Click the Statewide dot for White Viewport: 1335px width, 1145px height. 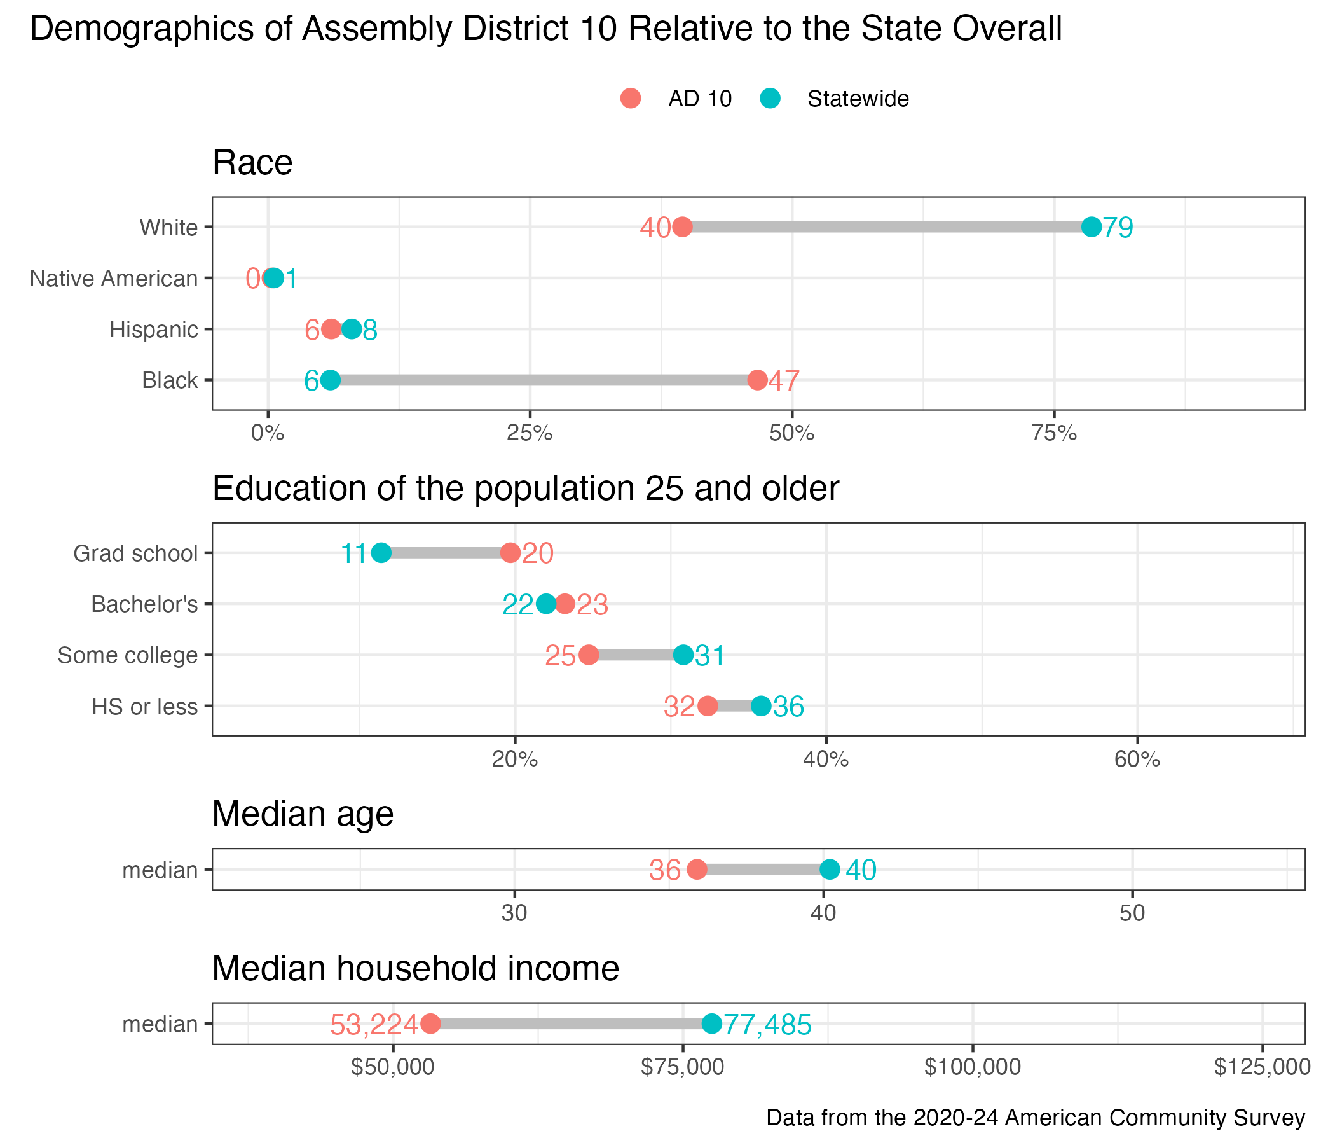(x=1091, y=227)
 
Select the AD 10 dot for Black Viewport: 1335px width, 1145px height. (x=757, y=380)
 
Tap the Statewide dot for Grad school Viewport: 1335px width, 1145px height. (x=381, y=553)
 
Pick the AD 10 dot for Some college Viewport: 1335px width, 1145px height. (x=588, y=655)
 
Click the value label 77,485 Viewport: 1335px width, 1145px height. (x=767, y=1024)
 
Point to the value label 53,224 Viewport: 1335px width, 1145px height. (x=374, y=1024)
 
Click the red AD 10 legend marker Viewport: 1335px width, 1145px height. (x=630, y=99)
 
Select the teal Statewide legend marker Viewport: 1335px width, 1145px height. (x=770, y=99)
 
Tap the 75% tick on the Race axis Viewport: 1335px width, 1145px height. (x=1054, y=433)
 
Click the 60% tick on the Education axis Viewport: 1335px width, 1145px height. (x=1137, y=760)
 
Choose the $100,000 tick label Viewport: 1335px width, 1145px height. (x=972, y=1067)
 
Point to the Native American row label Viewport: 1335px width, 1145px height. (x=114, y=279)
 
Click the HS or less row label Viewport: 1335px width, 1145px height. (x=144, y=707)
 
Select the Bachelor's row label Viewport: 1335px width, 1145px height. (x=144, y=604)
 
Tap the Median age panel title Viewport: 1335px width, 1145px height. (x=303, y=814)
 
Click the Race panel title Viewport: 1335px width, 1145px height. (x=252, y=162)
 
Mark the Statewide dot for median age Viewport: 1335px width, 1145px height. (x=829, y=870)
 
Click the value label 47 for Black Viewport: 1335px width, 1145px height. (x=784, y=381)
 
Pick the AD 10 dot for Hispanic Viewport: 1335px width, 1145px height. (x=331, y=330)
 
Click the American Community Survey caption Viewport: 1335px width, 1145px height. (x=1036, y=1117)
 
